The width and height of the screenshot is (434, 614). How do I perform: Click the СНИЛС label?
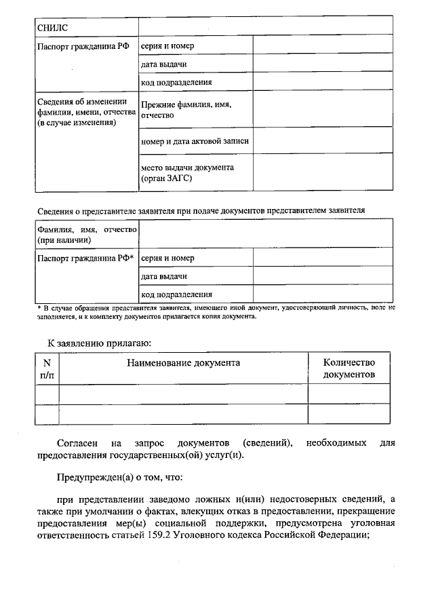(x=52, y=27)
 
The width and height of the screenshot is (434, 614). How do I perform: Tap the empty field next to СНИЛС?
(x=265, y=26)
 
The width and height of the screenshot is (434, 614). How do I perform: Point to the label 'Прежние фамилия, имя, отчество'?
(x=186, y=111)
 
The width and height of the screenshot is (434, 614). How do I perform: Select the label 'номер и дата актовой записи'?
(x=195, y=141)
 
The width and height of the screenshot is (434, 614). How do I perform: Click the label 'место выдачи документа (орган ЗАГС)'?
(x=187, y=173)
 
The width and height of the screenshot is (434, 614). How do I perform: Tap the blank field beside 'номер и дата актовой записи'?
(x=323, y=141)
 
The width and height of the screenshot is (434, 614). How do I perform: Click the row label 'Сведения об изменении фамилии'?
(x=82, y=113)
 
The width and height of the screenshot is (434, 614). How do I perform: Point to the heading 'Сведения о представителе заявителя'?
(x=201, y=210)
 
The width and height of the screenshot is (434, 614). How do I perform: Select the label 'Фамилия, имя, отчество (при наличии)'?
(x=86, y=235)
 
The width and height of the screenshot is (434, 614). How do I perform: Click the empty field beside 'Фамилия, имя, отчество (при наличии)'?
(x=265, y=235)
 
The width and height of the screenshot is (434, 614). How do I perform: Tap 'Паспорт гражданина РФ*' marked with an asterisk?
(x=85, y=258)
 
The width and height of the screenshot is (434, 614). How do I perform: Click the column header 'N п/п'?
(x=47, y=368)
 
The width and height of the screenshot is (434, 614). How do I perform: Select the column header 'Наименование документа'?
(x=183, y=363)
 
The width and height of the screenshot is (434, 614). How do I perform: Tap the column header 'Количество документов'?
(x=349, y=368)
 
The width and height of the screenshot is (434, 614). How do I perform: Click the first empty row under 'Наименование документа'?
(x=183, y=394)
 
